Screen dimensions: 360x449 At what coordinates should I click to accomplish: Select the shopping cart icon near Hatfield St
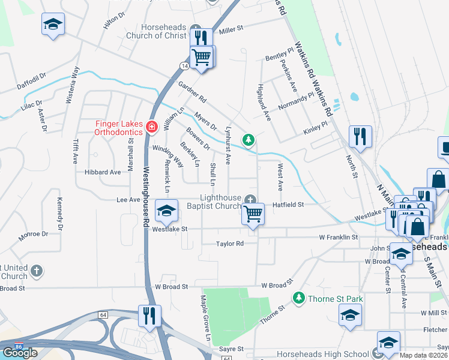(253, 213)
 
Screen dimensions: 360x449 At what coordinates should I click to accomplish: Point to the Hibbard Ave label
(103, 172)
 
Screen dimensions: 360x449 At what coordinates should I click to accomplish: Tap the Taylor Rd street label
(230, 244)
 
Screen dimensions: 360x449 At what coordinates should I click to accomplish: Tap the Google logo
(19, 353)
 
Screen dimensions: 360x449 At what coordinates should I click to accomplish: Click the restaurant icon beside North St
(360, 136)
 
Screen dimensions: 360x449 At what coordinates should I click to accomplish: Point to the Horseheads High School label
(330, 353)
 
